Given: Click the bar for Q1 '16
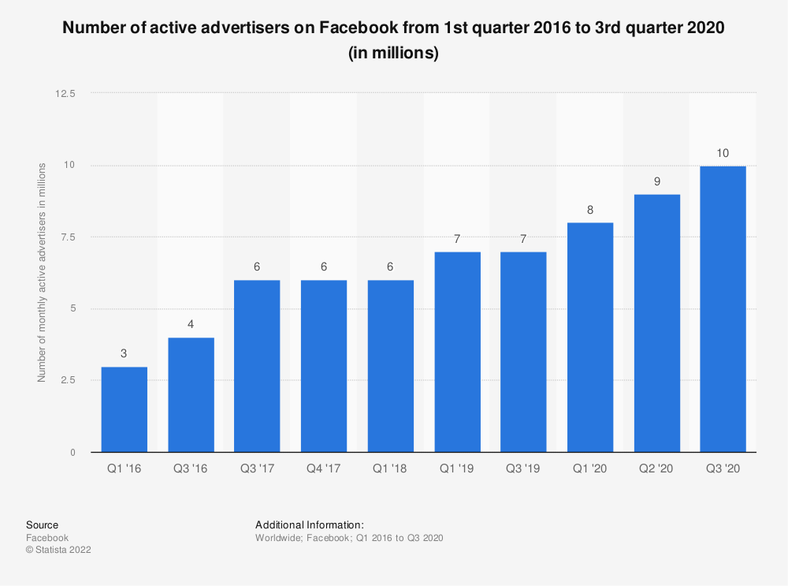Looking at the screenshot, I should click(124, 409).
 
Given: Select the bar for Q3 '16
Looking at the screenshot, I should click(190, 394).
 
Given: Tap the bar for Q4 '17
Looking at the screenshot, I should click(323, 366).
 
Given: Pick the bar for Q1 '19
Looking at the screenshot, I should click(456, 352).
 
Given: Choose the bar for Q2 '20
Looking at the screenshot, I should click(656, 323).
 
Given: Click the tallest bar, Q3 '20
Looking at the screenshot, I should click(723, 309).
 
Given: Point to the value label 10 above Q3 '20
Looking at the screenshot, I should click(723, 153).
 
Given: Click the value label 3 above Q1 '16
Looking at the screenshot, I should click(124, 353).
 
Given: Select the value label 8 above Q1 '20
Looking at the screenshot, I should click(589, 210).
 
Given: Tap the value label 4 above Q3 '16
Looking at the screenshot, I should click(190, 325).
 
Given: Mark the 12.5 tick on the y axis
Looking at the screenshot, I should click(65, 93).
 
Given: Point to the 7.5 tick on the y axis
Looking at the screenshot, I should click(68, 237).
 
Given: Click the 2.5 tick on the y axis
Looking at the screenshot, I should click(68, 380).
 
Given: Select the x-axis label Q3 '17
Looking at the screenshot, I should click(257, 468).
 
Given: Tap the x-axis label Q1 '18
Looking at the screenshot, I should click(390, 468).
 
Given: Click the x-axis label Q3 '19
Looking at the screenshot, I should click(523, 468).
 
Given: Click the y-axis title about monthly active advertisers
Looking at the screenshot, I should click(42, 272).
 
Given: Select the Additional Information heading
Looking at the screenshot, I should click(309, 524).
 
